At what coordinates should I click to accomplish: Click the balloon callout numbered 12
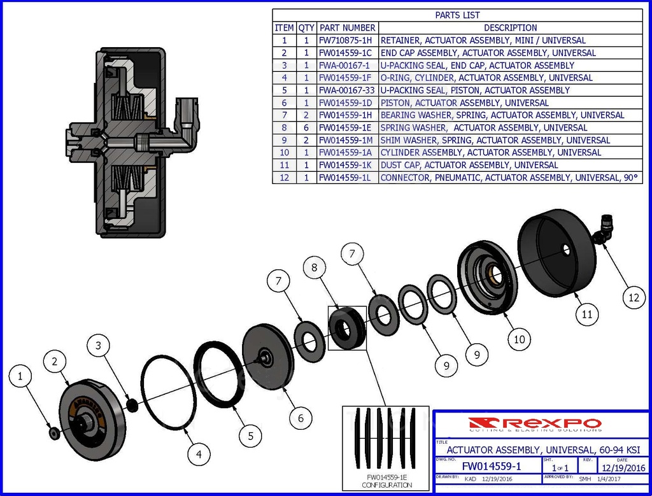point(632,297)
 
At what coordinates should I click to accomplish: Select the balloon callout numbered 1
point(20,377)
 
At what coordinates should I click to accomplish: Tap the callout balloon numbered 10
point(520,339)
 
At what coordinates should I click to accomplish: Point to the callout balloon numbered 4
point(199,455)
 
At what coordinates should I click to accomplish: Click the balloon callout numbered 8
point(315,268)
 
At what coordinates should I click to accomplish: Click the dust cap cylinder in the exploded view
point(556,255)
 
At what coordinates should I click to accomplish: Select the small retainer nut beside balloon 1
point(54,434)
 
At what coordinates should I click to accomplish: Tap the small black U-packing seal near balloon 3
point(132,404)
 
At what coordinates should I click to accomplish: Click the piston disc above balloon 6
point(267,357)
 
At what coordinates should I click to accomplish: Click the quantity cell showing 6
point(306,128)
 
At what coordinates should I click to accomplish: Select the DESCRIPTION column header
point(510,28)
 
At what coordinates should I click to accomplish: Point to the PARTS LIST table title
point(457,15)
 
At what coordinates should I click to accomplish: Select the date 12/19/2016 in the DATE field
point(623,468)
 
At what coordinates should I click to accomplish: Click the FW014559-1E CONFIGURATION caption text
point(386,481)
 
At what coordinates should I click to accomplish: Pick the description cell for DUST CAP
point(469,165)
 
